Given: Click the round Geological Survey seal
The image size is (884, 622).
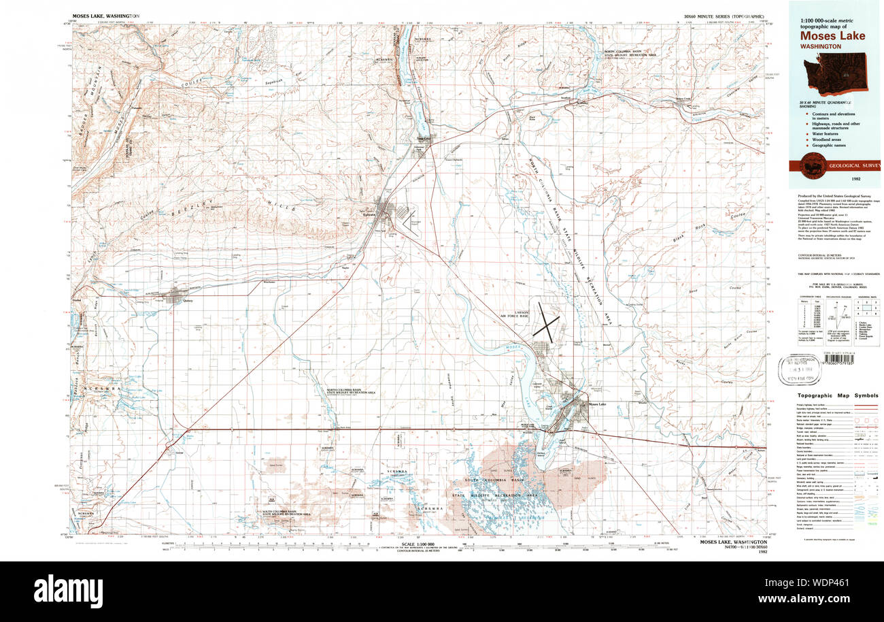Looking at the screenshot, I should point(811,165).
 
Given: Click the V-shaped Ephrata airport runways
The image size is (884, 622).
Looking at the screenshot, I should point(409,222).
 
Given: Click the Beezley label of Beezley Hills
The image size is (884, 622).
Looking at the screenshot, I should point(201,202).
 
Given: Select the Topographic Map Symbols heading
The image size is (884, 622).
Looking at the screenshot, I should point(836,396).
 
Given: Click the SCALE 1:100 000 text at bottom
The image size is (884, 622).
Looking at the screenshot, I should point(418,544).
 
